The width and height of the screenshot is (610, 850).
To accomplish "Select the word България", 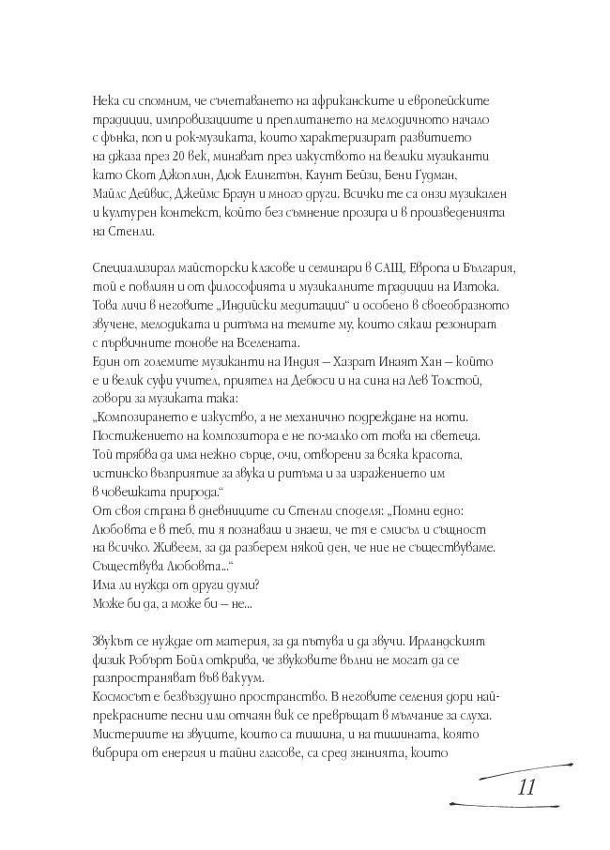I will pyautogui.click(x=479, y=268).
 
